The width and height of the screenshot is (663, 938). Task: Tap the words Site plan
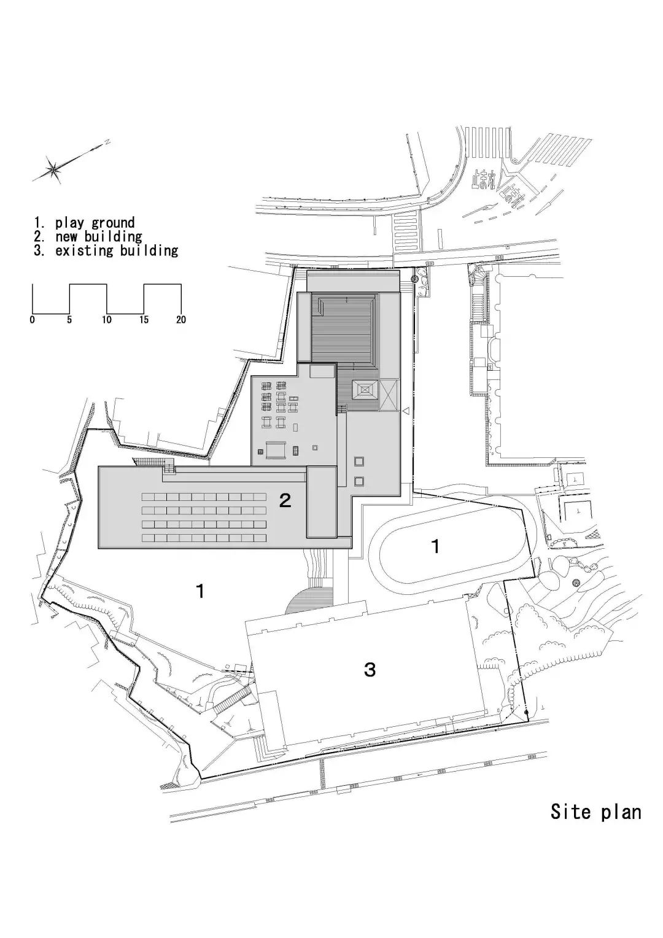tap(595, 812)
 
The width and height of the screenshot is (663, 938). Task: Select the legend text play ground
tap(95, 223)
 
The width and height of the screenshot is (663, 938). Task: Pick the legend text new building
tap(98, 236)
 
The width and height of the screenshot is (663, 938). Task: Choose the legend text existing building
tap(117, 250)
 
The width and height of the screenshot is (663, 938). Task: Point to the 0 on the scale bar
tap(32, 320)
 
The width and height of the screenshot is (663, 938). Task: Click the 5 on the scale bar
tap(69, 320)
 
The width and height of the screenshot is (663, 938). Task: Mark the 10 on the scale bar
tap(107, 320)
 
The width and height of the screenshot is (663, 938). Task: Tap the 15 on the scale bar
tap(144, 320)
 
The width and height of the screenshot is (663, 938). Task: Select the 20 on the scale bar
tap(181, 320)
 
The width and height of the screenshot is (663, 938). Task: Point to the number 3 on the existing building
tap(370, 670)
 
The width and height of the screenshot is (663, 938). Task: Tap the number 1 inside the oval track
tap(435, 546)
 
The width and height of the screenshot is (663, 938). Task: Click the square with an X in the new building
tap(389, 396)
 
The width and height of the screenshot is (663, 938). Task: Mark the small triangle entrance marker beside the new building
tap(406, 411)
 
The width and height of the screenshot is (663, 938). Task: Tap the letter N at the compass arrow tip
tap(107, 142)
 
